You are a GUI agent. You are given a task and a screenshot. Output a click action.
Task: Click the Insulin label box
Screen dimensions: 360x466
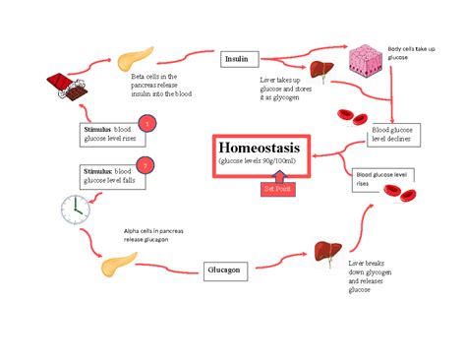236,59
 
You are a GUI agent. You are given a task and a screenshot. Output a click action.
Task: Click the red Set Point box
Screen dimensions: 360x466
276,189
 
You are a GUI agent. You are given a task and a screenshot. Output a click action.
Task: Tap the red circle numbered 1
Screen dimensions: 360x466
146,123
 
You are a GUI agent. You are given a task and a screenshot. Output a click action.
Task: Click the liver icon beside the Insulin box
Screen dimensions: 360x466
319,70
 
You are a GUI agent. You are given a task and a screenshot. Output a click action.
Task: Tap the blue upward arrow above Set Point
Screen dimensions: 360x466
277,173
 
